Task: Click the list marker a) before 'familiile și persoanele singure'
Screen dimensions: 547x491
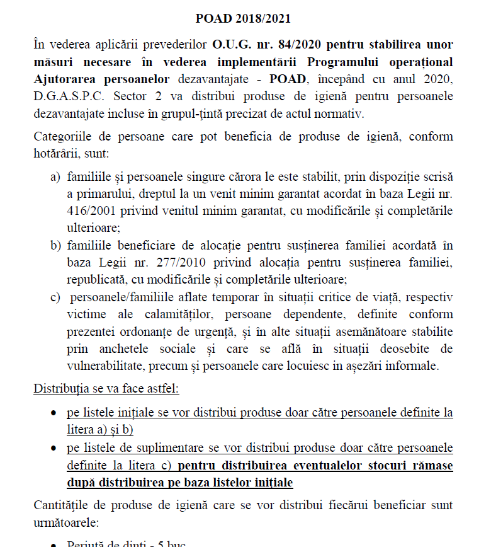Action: [55, 178]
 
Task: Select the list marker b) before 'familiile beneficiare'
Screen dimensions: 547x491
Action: [55, 245]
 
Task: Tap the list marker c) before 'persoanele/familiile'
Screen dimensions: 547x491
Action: [55, 297]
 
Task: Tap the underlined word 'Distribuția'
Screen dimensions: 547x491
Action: [61, 389]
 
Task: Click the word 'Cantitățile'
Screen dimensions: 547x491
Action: [63, 505]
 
